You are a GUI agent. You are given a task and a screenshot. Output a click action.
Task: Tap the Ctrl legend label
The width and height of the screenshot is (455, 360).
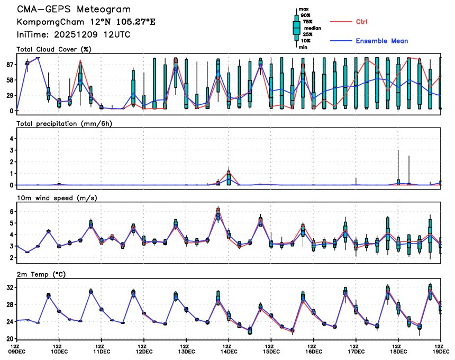pyautogui.click(x=361, y=22)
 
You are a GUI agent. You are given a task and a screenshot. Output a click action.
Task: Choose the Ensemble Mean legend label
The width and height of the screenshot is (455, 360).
pyautogui.click(x=381, y=41)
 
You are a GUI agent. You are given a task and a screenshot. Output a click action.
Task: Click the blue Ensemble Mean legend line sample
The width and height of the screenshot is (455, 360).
pyautogui.click(x=341, y=41)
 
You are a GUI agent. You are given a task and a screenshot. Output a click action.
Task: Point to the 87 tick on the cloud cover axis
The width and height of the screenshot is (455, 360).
pyautogui.click(x=10, y=64)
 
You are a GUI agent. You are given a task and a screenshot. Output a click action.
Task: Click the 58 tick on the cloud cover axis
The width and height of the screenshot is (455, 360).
pyautogui.click(x=10, y=79)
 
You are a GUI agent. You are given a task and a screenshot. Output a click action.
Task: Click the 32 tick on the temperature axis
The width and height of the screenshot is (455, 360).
pyautogui.click(x=10, y=287)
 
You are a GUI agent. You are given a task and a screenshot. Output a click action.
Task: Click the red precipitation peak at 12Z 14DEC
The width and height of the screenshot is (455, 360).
pyautogui.click(x=229, y=172)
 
